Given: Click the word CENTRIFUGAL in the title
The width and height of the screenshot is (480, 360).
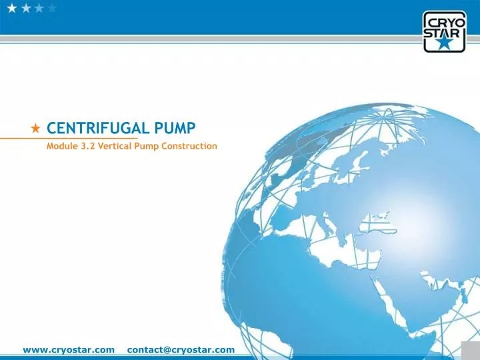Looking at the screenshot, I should pos(97,127).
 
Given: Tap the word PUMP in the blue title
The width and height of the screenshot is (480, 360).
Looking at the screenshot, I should pos(174,127).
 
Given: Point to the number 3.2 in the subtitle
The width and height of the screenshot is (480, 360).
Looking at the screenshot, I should pos(87,145).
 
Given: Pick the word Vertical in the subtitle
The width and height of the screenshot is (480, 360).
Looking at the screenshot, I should pos(115,145).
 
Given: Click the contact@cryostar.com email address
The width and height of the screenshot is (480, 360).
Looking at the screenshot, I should pos(181,349).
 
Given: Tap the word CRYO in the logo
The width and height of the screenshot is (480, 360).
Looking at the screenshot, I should pos(440,21).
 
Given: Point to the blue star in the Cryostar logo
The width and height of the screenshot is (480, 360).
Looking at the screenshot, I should pos(440,44).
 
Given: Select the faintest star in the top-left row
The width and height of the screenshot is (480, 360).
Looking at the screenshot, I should pos(52,8).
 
